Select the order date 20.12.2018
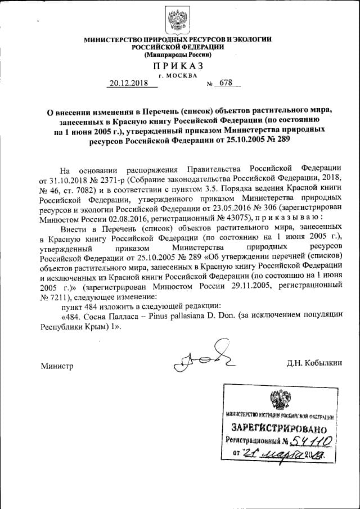coord(129,84)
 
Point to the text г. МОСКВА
coord(178,75)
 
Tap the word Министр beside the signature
coord(57,366)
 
